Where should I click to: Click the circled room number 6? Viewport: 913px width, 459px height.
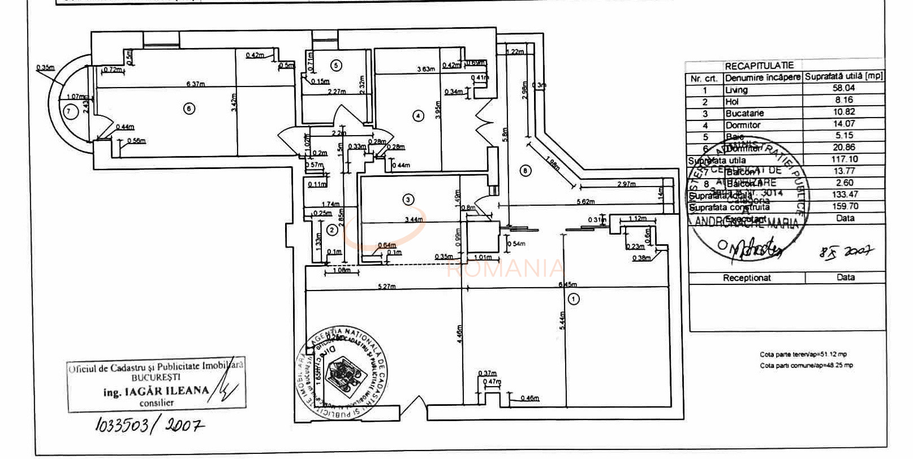190,109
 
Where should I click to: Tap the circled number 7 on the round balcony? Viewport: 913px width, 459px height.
69,111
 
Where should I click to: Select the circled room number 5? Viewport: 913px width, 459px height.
336,66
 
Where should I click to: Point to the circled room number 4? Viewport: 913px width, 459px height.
418,116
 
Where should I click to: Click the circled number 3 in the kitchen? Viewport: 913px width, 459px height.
408,199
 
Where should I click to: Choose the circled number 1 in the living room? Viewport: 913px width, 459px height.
574,299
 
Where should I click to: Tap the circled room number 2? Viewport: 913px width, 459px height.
332,230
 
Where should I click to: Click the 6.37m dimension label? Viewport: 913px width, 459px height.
196,84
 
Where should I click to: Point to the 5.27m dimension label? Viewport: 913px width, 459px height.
387,287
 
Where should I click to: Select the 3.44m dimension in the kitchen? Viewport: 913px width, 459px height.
414,219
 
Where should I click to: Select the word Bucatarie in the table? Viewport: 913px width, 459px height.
744,114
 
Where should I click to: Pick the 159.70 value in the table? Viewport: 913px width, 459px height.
845,206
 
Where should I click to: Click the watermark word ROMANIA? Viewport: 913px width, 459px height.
505,268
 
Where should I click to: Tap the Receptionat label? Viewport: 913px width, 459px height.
747,278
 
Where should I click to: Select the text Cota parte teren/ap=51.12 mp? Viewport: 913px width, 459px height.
803,355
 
